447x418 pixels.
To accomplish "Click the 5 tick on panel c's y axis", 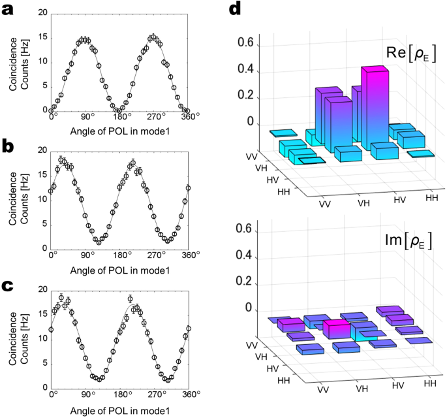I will tap(43, 364).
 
